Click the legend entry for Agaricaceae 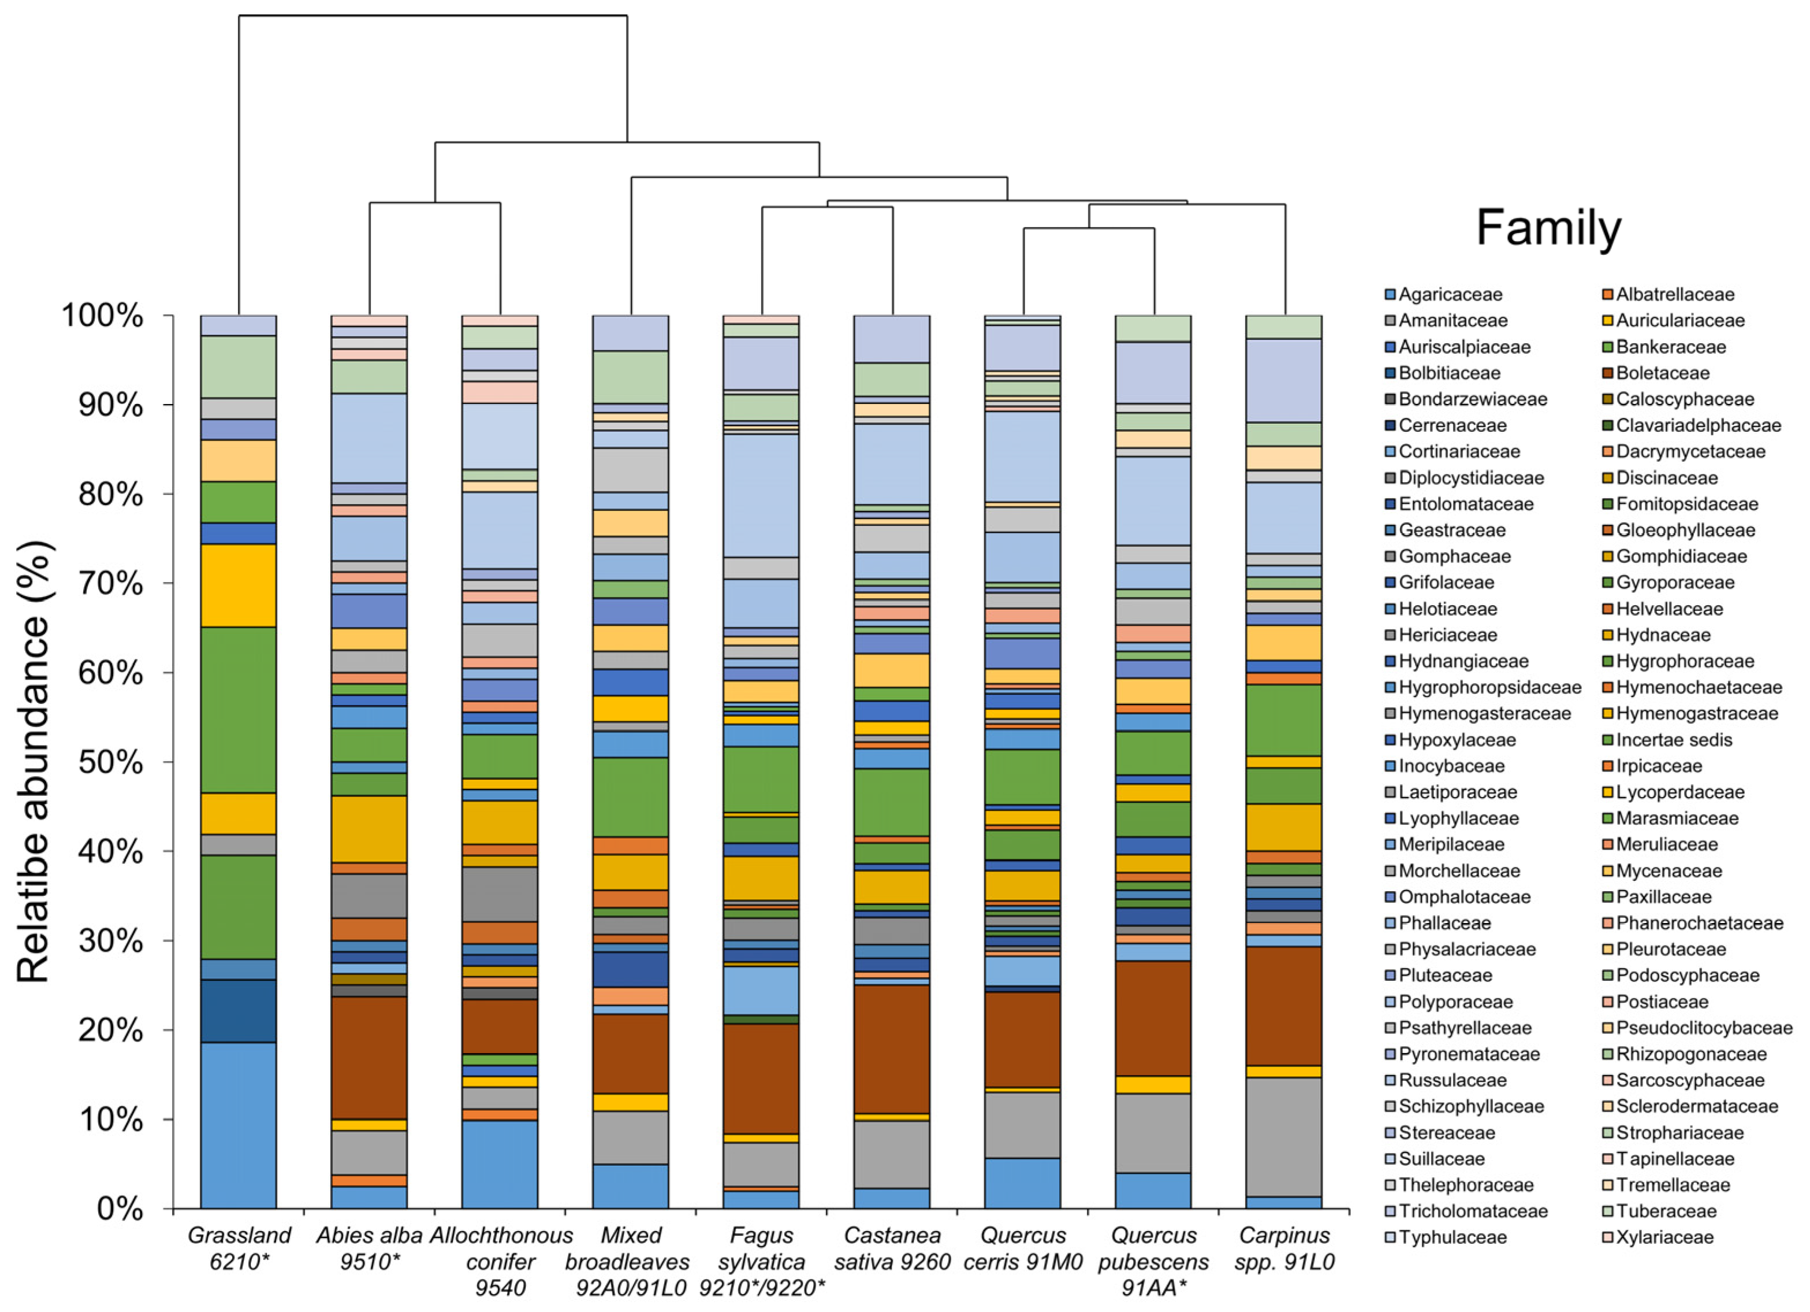(1450, 295)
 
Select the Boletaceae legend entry (1662, 373)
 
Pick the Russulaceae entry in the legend (1453, 1080)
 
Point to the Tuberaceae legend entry (1666, 1211)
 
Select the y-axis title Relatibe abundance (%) (33, 762)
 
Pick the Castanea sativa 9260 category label (892, 1248)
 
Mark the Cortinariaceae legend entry (1459, 451)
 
